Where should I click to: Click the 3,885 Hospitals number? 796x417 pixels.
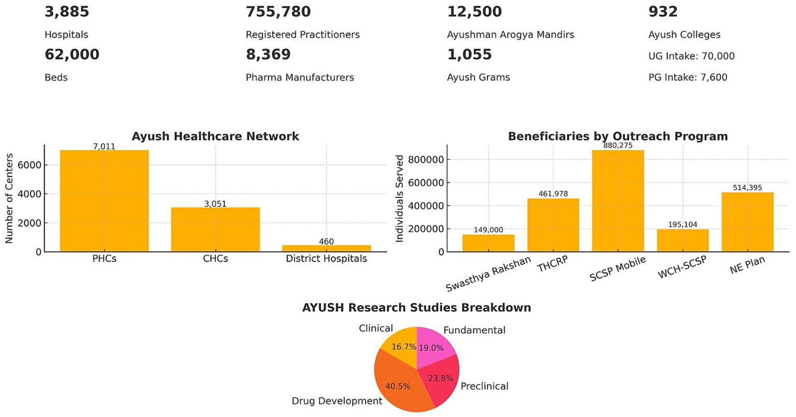point(67,11)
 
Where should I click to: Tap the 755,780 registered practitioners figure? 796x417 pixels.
point(278,11)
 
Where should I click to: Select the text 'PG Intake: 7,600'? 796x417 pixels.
point(688,77)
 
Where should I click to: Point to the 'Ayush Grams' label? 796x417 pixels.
point(478,77)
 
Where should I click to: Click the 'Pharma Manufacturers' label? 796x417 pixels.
point(300,77)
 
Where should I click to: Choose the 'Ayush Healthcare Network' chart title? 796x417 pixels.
point(215,137)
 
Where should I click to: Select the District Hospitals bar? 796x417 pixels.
point(326,248)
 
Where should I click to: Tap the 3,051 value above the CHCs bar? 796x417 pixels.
point(215,204)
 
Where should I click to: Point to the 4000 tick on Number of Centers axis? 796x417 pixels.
point(32,194)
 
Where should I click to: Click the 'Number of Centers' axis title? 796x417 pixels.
point(9,198)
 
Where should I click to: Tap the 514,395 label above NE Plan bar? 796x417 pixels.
point(747,187)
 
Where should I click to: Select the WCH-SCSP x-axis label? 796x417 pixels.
point(682,268)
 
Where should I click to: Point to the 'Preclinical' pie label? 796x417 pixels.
point(484,386)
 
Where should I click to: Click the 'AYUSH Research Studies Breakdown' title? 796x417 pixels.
point(416,308)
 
